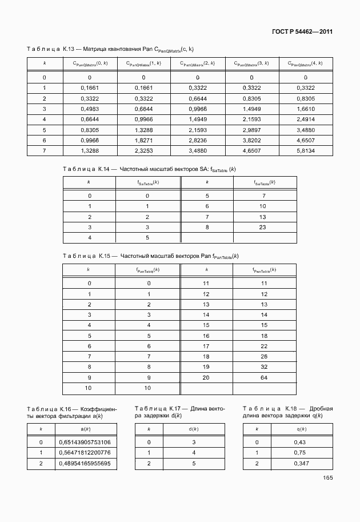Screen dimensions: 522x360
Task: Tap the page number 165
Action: click(327, 479)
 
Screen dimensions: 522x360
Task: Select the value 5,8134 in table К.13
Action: click(305, 150)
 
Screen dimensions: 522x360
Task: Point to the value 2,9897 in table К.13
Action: click(251, 129)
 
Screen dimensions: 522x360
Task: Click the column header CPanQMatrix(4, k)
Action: click(305, 63)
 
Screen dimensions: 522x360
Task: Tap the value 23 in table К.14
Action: click(263, 227)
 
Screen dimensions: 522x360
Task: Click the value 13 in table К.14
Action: click(263, 217)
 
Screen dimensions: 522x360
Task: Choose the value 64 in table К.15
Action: click(264, 378)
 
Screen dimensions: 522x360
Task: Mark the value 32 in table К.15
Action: click(264, 367)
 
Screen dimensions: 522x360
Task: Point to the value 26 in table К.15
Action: click(264, 357)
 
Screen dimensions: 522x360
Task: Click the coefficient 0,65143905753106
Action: click(85, 443)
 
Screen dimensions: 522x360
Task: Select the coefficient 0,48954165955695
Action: click(85, 463)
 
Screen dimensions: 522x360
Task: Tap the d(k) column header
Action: click(193, 428)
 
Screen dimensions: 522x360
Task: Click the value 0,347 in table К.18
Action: click(301, 463)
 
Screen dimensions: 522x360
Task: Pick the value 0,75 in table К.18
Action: click(301, 453)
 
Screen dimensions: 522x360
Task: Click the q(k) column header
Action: click(301, 428)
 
